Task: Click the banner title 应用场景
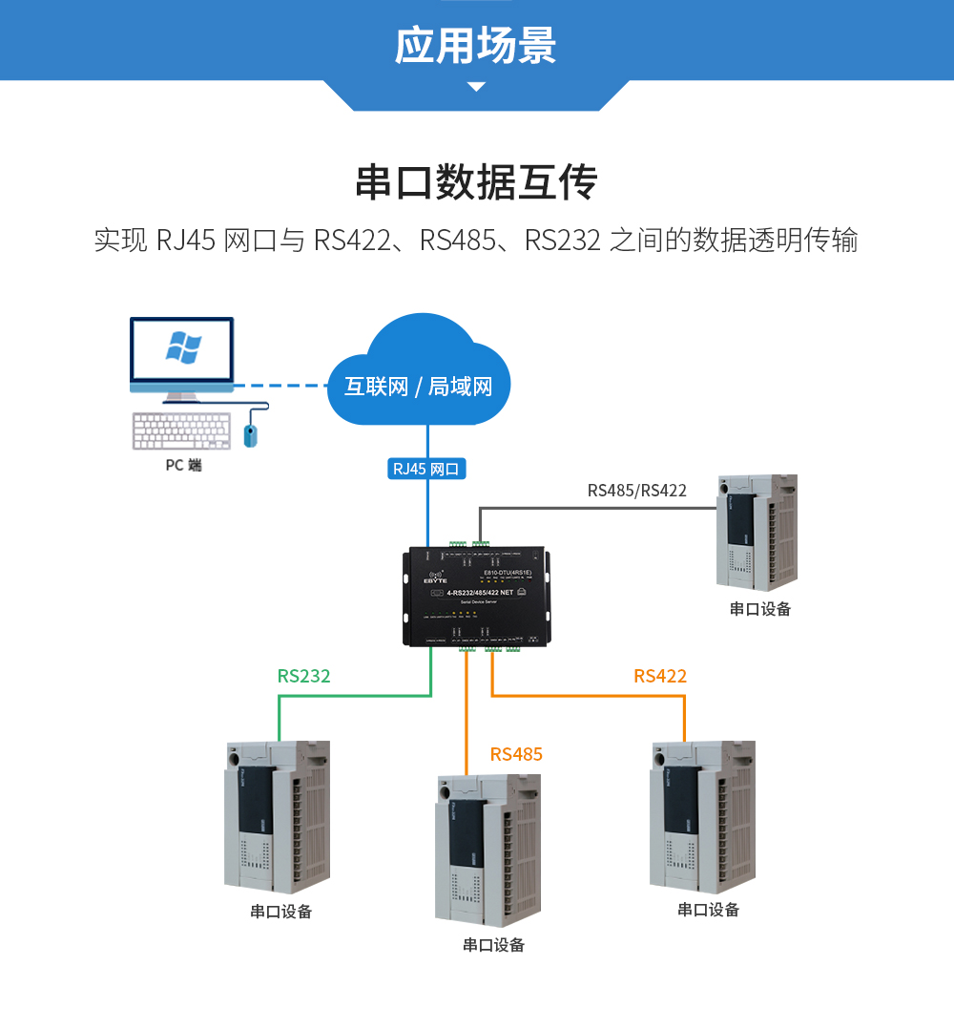click(x=476, y=45)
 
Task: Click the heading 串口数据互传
click(x=476, y=182)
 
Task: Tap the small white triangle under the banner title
click(x=476, y=87)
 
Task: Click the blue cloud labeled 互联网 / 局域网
click(x=420, y=377)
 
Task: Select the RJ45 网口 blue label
click(x=426, y=469)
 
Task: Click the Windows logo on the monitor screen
click(x=183, y=347)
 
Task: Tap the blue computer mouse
click(x=251, y=434)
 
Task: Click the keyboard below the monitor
click(x=181, y=431)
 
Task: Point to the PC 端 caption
click(x=183, y=466)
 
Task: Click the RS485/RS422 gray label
click(x=636, y=491)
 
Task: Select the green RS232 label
click(x=304, y=676)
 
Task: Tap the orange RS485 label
click(x=516, y=754)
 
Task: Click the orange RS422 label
click(x=660, y=676)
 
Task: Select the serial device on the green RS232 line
click(x=277, y=816)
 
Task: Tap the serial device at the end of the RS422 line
click(x=702, y=816)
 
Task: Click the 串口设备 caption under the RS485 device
click(x=493, y=945)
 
